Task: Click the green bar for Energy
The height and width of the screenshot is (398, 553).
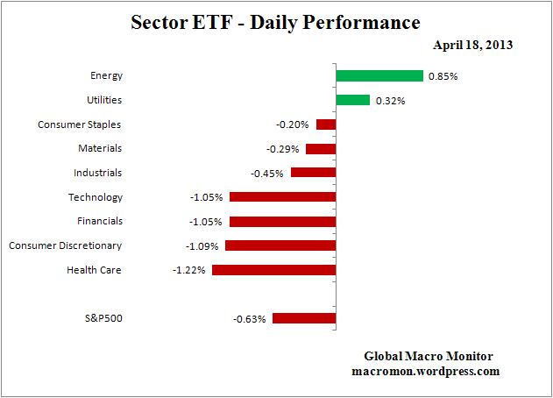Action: tap(379, 76)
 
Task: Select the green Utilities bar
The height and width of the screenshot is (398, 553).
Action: tap(352, 100)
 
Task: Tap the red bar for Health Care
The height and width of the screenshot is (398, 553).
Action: tap(273, 270)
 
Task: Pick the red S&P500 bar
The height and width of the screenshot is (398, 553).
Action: tap(304, 318)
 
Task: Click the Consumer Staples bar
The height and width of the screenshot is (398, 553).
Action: tap(326, 124)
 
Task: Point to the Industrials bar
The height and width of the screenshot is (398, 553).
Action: tap(313, 173)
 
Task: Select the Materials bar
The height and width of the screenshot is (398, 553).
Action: tap(321, 149)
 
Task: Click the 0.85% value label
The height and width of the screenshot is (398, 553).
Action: tap(443, 76)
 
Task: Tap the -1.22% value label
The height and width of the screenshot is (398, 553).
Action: tap(188, 270)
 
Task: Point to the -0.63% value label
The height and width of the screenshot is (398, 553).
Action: tap(250, 318)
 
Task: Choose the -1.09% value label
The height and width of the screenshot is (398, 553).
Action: tap(202, 245)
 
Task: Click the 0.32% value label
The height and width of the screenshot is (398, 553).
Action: tap(391, 101)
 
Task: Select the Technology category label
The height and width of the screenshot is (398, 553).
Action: tap(95, 197)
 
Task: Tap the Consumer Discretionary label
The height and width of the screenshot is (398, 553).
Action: tap(65, 245)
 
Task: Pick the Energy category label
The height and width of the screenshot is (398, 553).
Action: tap(106, 76)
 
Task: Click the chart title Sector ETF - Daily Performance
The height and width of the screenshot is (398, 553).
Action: tap(276, 21)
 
